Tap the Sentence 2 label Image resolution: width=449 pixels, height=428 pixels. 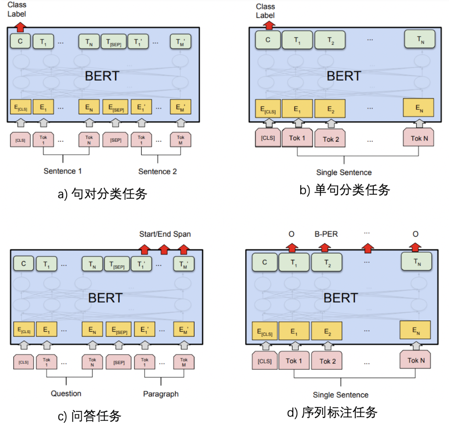click(x=158, y=171)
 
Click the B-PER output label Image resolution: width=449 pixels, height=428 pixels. click(x=326, y=234)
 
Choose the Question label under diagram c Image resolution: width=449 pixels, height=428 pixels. click(x=66, y=393)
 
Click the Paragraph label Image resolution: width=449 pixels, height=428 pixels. click(x=161, y=394)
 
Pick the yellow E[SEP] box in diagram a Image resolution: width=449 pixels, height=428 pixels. click(x=115, y=108)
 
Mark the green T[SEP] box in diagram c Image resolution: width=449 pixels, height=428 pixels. click(x=117, y=264)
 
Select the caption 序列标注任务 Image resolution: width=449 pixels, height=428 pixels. click(x=333, y=412)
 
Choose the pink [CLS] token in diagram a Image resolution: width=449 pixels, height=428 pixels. click(x=20, y=141)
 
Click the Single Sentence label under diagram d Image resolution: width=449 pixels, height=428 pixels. click(x=341, y=395)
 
